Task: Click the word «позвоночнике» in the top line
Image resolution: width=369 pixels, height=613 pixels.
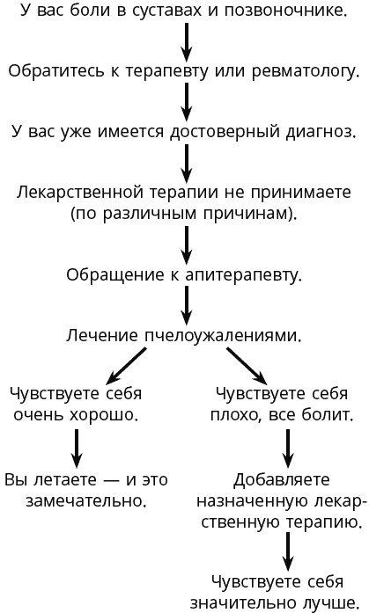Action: (x=285, y=11)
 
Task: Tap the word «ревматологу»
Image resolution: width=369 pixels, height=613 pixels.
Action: (x=305, y=71)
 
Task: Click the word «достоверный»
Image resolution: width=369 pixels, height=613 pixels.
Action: (x=225, y=132)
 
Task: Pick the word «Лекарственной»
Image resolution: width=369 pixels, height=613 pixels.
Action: (x=80, y=193)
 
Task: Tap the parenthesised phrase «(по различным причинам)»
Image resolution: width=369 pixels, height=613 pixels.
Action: (x=184, y=214)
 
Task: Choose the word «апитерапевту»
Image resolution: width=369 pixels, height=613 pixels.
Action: (x=243, y=274)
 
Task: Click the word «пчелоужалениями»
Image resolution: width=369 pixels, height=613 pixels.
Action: (x=223, y=335)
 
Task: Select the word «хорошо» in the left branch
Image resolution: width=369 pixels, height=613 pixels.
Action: (x=104, y=414)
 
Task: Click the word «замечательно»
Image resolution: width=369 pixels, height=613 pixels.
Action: (x=86, y=500)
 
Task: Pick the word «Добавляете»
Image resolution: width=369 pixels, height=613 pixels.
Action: (x=282, y=479)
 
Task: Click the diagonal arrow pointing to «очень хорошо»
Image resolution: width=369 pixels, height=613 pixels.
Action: (x=127, y=366)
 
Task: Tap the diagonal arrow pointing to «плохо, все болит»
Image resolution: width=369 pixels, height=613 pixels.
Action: (x=247, y=366)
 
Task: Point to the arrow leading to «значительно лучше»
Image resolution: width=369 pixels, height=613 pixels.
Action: (x=288, y=551)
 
